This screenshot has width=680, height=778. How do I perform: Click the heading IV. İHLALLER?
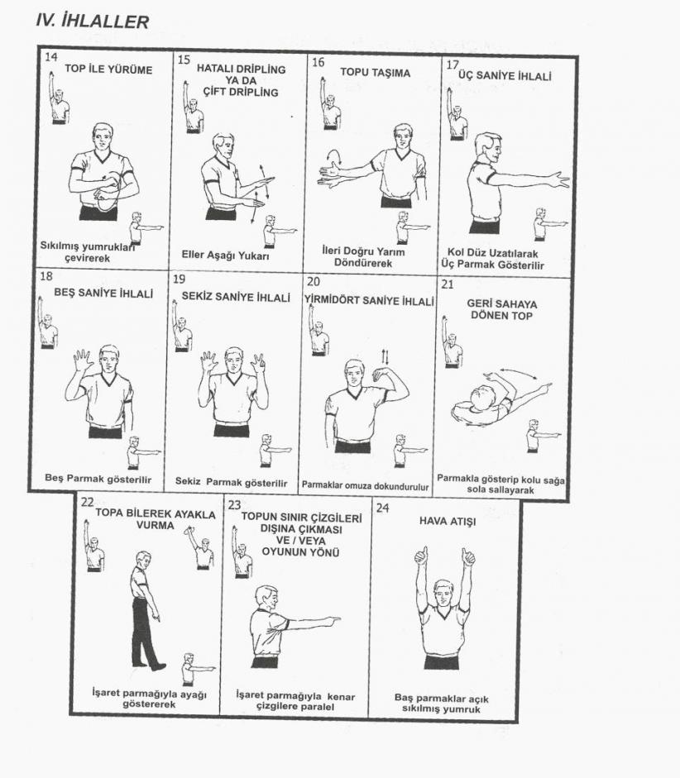(93, 21)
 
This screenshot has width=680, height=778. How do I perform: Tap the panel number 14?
(50, 56)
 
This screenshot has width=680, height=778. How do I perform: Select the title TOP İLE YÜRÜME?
(108, 69)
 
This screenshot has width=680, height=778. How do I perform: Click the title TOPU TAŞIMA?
(376, 73)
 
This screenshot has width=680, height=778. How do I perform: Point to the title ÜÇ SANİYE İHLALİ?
(505, 76)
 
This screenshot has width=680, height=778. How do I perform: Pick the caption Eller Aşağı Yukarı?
(225, 255)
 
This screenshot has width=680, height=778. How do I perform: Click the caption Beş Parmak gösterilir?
(98, 479)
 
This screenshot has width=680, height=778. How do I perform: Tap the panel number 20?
(314, 282)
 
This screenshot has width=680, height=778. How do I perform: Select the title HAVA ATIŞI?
(448, 521)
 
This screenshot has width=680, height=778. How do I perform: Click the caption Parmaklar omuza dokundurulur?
(365, 487)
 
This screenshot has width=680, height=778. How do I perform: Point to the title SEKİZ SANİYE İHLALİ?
(236, 297)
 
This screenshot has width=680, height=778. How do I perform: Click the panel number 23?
(234, 504)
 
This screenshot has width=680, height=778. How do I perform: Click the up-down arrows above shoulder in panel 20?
(385, 356)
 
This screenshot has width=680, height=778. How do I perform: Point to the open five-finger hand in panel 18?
(83, 360)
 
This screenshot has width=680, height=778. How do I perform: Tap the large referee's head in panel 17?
(489, 148)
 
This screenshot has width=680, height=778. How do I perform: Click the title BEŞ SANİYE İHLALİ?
(103, 294)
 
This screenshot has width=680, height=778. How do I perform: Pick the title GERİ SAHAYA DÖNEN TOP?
(502, 309)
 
